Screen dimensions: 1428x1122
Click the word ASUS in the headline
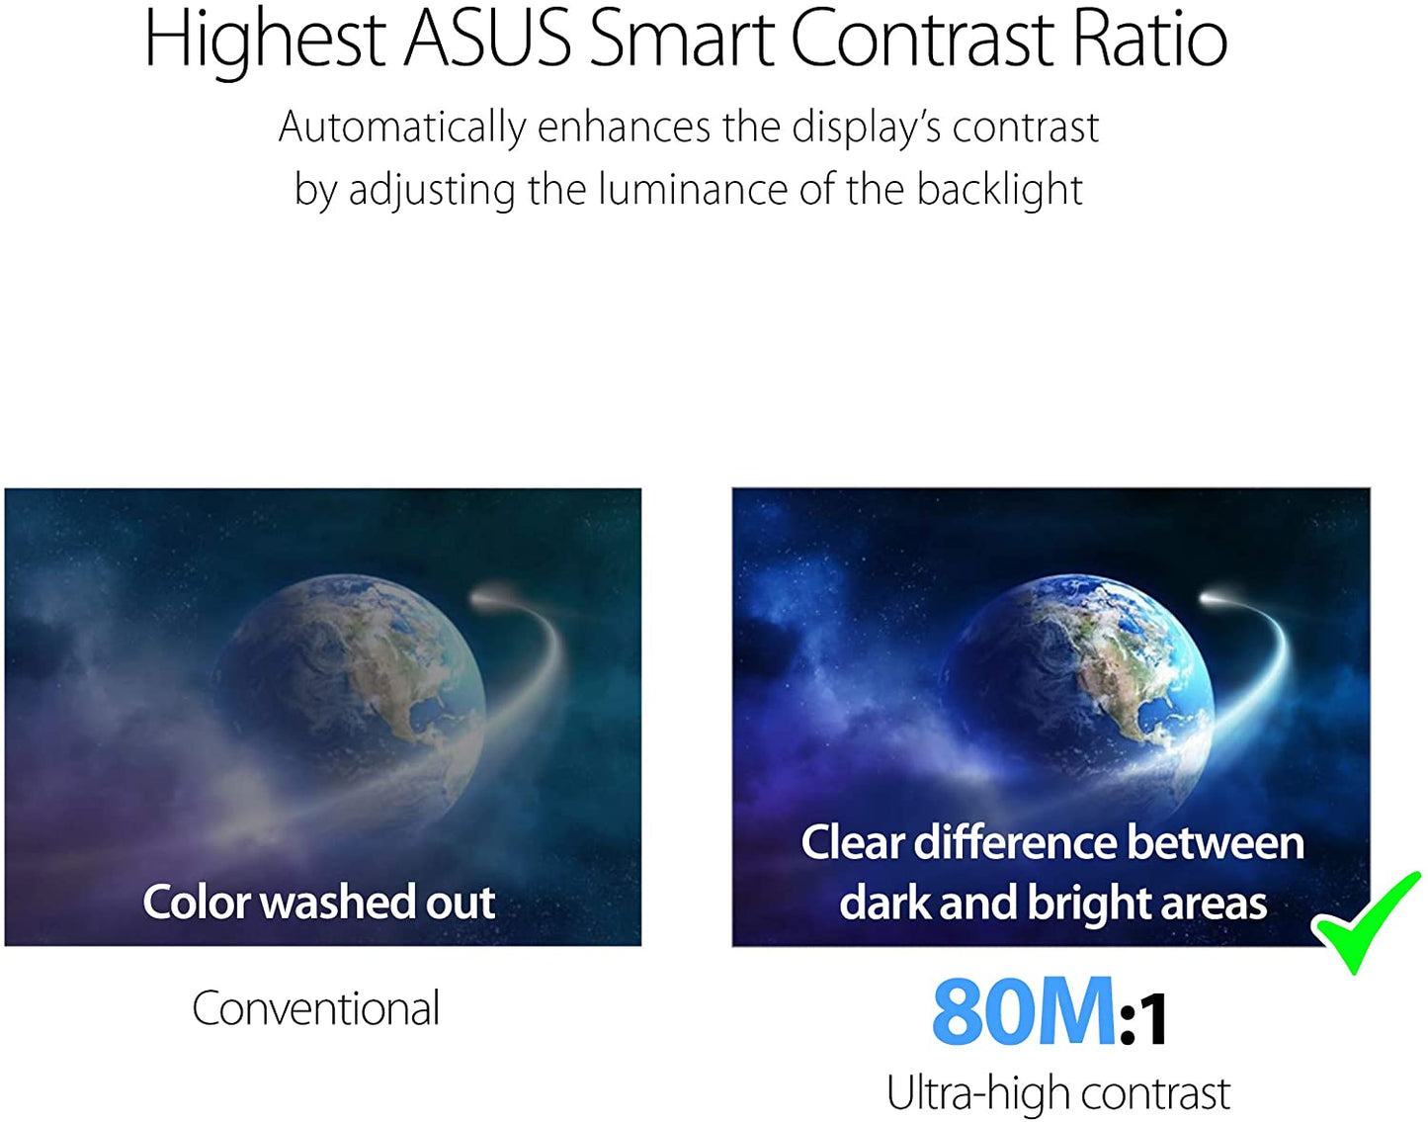487,39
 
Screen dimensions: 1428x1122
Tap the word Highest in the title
264,41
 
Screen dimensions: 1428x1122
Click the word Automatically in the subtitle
402,129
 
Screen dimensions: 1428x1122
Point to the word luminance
693,190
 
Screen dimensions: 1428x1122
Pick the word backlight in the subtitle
999,191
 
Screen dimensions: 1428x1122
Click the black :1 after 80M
1143,1019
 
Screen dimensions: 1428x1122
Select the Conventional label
315,1008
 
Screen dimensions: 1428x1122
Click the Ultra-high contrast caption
1058,1093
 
